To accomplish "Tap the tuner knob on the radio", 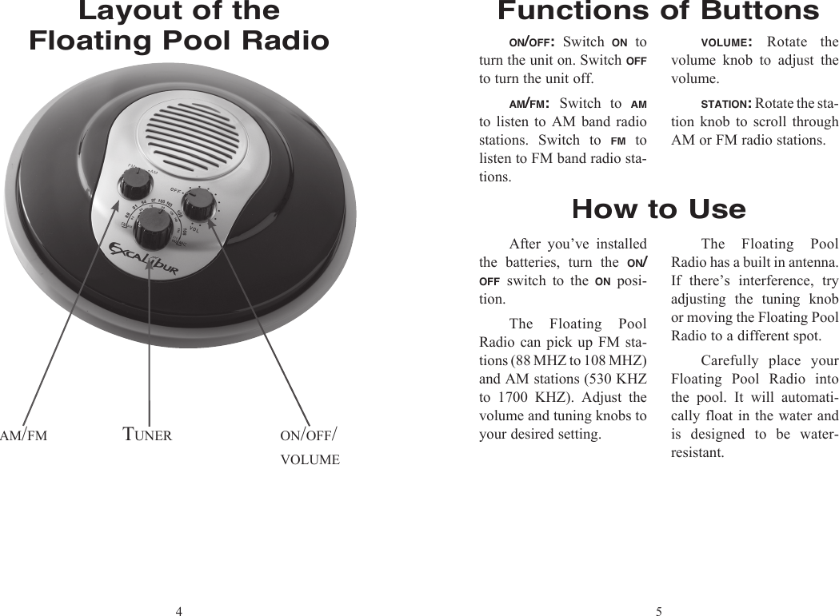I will pos(151,229).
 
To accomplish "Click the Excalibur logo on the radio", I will pos(143,260).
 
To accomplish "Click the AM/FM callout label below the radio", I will pos(24,435).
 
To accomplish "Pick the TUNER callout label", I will pos(147,435).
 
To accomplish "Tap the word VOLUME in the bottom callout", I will pos(310,460).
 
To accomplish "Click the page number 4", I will pos(179,612).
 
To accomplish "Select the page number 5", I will pos(658,612).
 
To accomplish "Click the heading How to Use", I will pos(658,209).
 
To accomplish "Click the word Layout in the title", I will pos(129,11).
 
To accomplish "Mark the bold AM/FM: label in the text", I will pos(528,104).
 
